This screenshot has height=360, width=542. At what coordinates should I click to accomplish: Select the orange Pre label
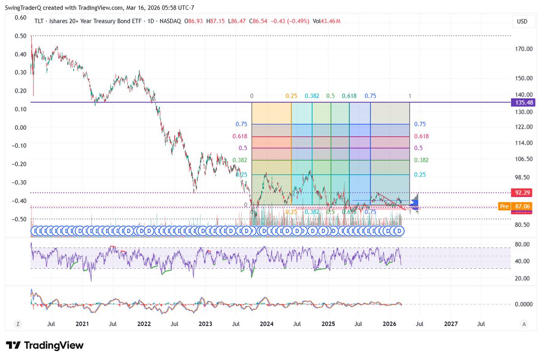click(504, 206)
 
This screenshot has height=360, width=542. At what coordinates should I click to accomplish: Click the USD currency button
click(522, 21)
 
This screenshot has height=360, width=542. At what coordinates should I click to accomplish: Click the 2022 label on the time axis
click(144, 324)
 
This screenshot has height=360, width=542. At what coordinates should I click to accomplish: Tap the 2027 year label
click(451, 324)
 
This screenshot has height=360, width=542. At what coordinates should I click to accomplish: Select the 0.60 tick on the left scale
click(20, 18)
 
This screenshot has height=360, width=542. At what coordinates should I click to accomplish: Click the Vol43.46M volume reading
click(325, 21)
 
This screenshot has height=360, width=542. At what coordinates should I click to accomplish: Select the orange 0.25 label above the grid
click(291, 96)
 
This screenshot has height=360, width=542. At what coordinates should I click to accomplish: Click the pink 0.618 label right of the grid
click(422, 136)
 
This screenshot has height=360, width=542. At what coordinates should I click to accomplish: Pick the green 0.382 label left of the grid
click(240, 160)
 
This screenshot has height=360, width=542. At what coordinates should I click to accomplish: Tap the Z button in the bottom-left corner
click(18, 324)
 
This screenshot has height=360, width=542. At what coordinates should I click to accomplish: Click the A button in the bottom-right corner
click(524, 324)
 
